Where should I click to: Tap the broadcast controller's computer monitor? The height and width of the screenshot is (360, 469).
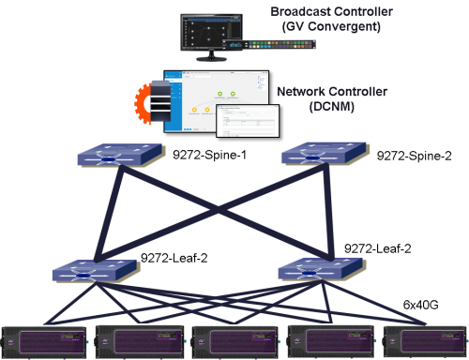pyautogui.click(x=214, y=36)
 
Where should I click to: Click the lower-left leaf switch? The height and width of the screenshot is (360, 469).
pyautogui.click(x=98, y=271)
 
